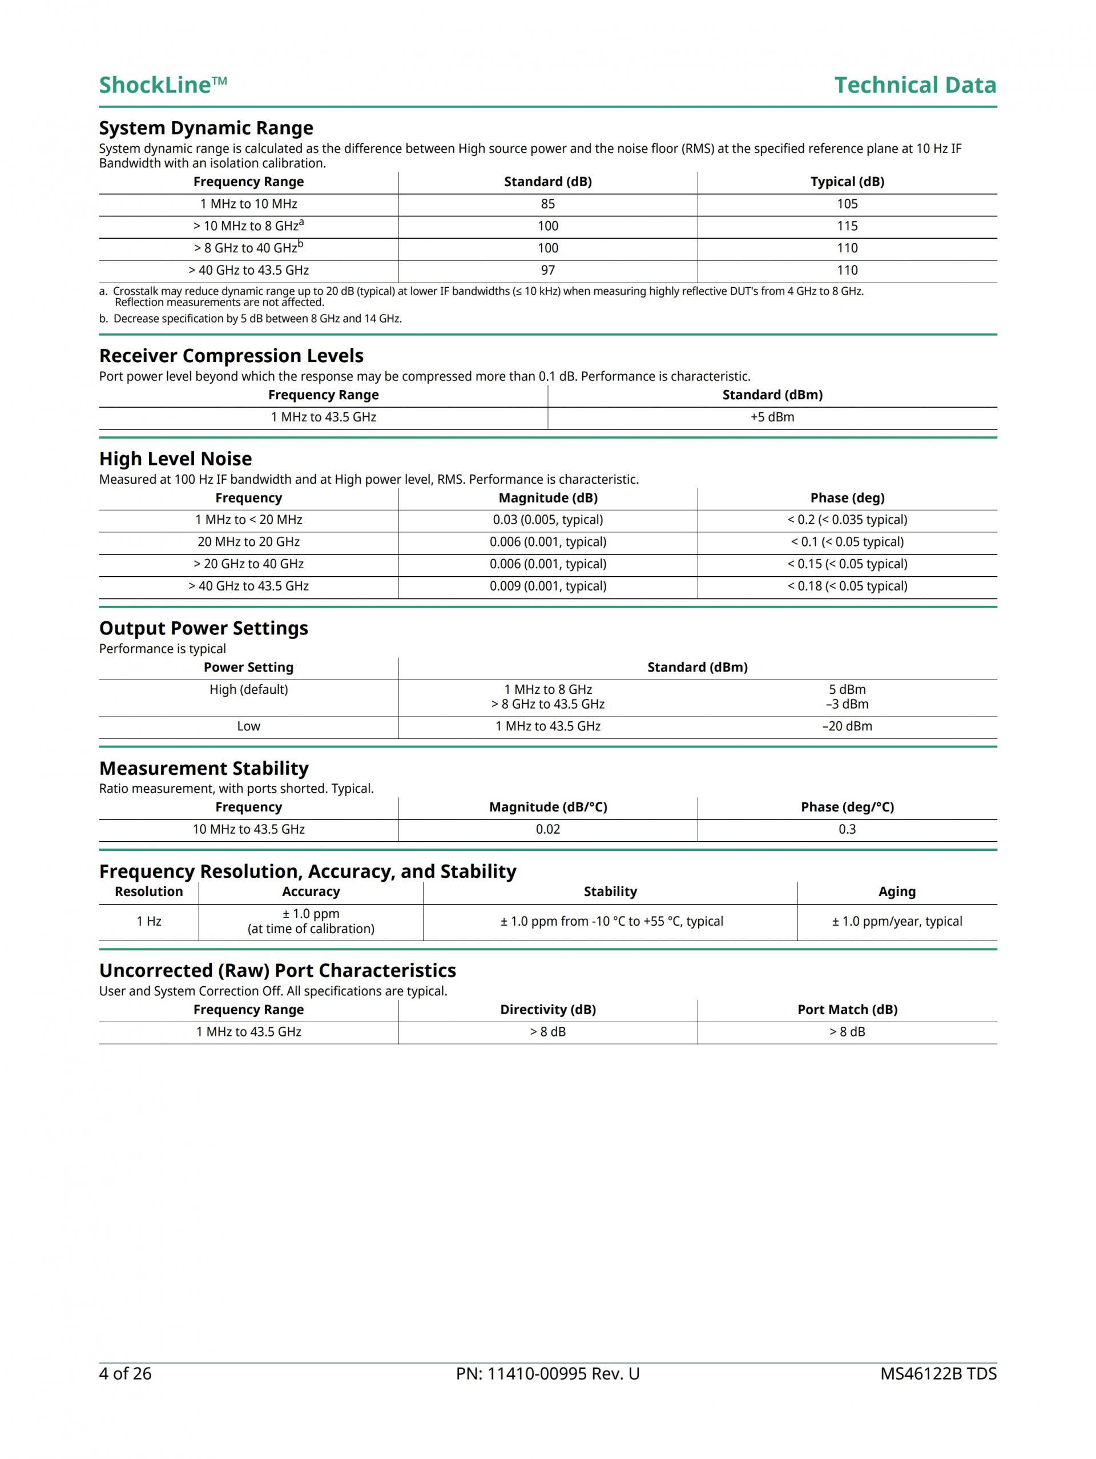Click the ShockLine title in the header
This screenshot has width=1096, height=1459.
163,85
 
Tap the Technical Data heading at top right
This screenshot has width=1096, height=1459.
914,85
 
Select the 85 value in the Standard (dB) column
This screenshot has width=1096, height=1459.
547,204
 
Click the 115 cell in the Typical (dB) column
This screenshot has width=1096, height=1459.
847,226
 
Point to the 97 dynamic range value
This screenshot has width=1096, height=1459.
547,271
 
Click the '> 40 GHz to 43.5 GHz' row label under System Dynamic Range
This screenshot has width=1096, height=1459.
249,271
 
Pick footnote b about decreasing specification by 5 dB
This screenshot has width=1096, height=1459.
251,319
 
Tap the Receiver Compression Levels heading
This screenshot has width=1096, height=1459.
231,356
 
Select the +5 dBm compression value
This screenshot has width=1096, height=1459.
772,417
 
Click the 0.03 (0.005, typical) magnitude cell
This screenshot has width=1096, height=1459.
547,520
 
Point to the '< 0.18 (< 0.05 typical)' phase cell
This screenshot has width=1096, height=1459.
847,586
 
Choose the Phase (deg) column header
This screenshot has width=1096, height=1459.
847,498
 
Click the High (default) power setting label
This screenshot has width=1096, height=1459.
249,689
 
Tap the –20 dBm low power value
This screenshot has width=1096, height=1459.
847,726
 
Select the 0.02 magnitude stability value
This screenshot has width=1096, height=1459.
547,829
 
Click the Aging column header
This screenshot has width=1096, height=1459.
897,892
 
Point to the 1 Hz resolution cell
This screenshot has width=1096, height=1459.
149,922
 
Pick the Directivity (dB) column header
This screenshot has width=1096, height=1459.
547,1010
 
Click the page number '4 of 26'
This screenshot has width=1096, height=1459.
125,1374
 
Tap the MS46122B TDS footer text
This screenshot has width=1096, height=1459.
938,1374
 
